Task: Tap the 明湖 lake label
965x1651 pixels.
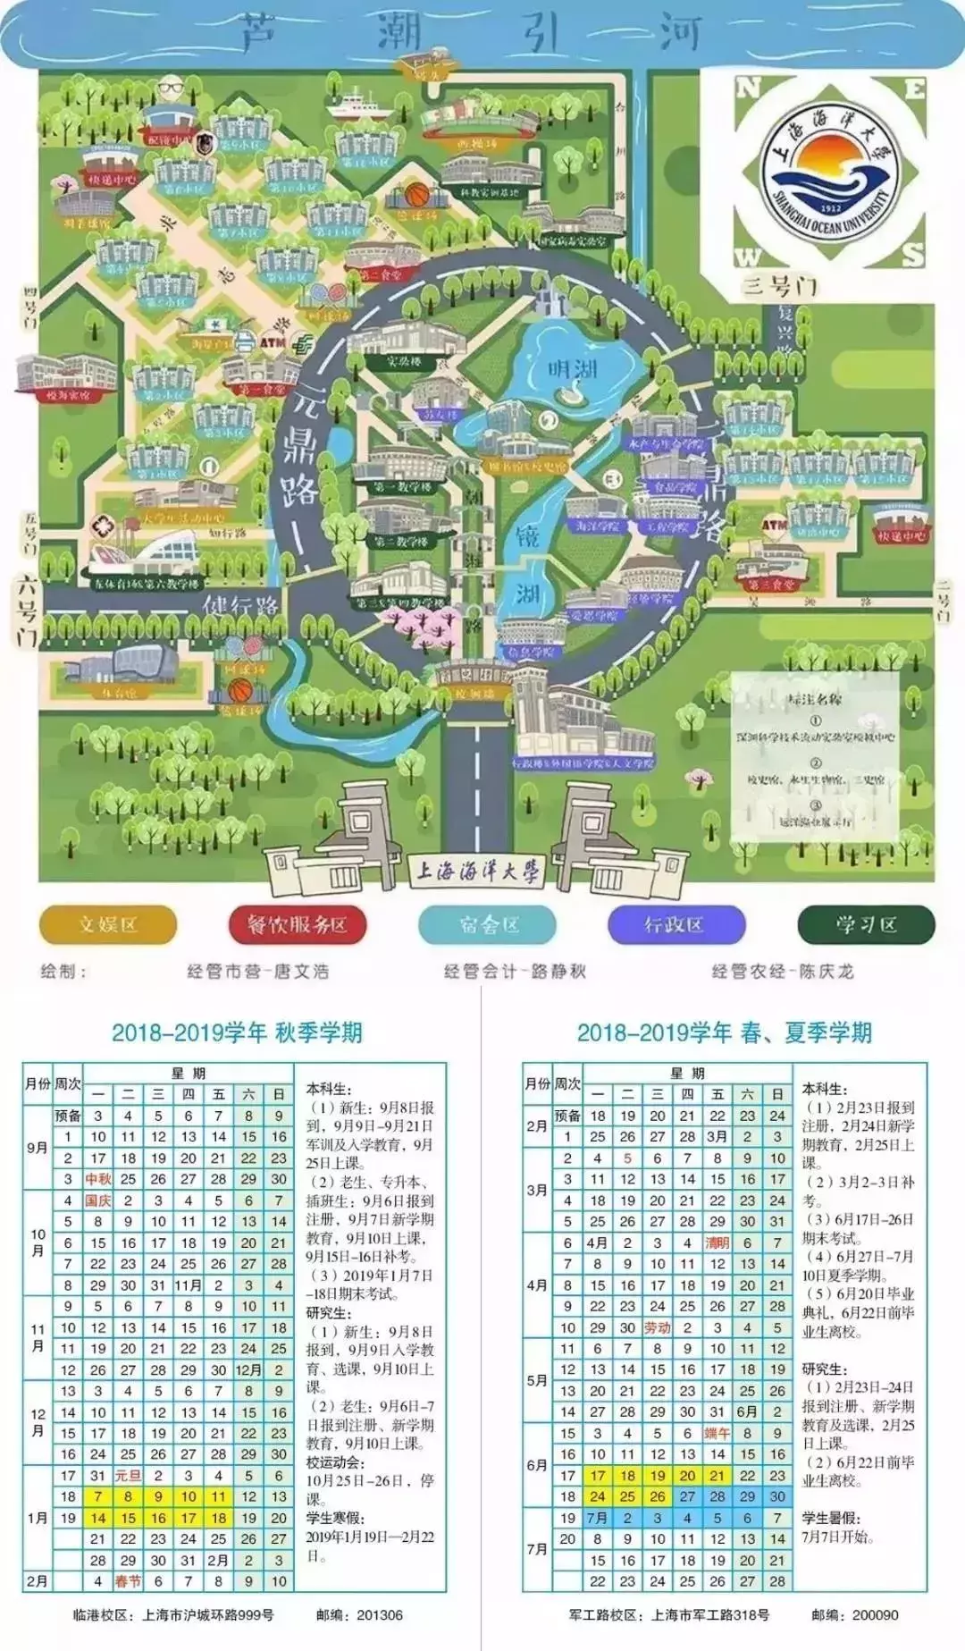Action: point(573,367)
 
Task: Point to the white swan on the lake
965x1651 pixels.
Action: point(569,393)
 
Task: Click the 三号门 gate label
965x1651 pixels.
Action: point(779,286)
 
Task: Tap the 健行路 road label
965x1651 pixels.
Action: point(241,605)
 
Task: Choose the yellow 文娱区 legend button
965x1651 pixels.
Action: point(108,924)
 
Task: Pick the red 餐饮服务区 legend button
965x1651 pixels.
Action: point(298,924)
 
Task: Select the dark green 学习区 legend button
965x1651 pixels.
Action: point(866,924)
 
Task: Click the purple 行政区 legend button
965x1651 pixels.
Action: point(675,924)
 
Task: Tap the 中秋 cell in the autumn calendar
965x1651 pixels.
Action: point(98,1179)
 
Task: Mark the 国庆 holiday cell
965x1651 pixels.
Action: point(98,1200)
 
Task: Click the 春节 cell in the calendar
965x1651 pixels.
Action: point(128,1580)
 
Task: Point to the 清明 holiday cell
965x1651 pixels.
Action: point(717,1242)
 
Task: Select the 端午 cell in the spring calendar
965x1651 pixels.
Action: point(717,1433)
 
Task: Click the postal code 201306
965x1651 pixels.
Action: point(380,1615)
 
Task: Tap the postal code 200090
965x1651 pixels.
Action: point(876,1615)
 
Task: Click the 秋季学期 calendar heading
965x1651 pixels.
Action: point(237,1032)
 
